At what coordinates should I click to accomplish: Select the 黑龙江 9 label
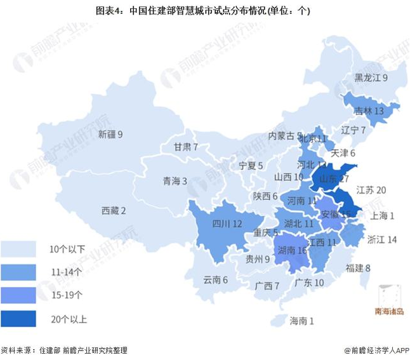[x=371, y=78]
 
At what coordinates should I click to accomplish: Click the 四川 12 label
[x=227, y=223]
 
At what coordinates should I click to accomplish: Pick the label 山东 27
[x=334, y=179]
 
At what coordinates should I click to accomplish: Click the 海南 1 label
[x=301, y=321]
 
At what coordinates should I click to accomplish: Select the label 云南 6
[x=215, y=279]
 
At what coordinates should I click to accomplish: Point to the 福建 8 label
[x=358, y=268]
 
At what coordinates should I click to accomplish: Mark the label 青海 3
[x=175, y=181]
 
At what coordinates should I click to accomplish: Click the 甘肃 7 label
[x=186, y=147]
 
